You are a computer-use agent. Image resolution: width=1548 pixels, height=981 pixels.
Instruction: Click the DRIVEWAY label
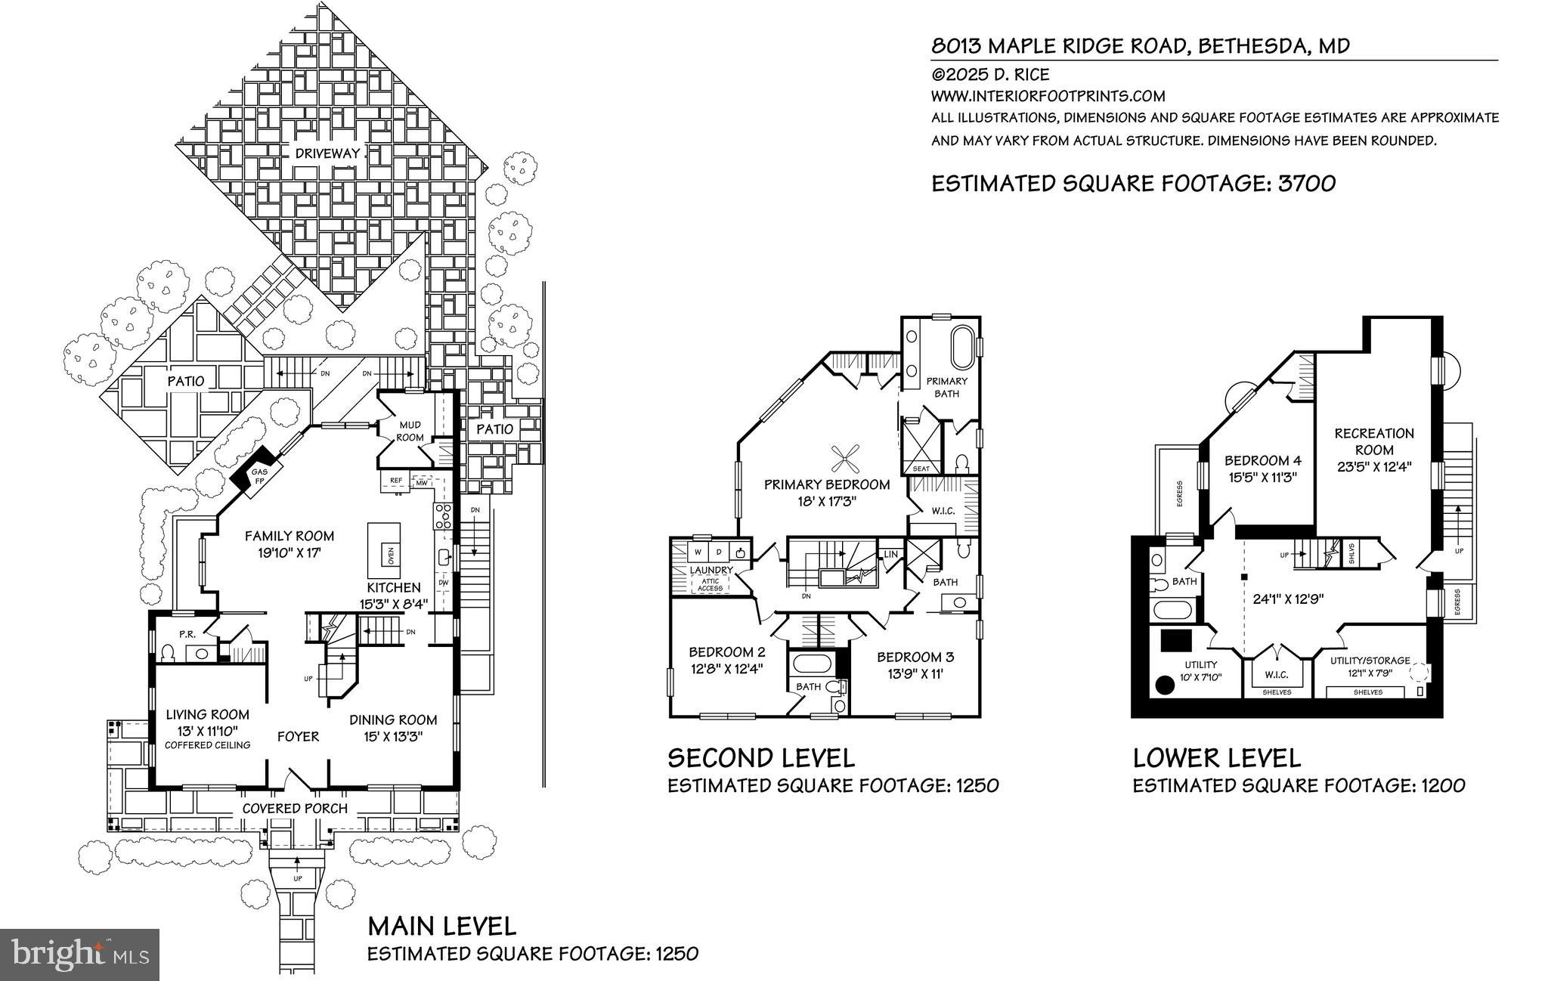click(327, 153)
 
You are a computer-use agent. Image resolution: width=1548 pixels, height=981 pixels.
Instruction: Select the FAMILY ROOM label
click(289, 536)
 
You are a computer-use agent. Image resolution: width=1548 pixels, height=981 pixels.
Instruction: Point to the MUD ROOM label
click(410, 432)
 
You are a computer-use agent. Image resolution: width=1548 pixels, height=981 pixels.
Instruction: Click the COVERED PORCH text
click(295, 809)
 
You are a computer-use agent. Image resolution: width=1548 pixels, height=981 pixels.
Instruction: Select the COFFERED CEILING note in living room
click(208, 745)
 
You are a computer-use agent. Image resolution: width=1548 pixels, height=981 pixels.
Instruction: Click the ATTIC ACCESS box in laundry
click(710, 583)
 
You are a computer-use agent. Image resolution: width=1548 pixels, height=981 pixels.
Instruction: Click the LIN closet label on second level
click(890, 555)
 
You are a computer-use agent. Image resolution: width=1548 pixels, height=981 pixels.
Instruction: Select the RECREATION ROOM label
click(1373, 441)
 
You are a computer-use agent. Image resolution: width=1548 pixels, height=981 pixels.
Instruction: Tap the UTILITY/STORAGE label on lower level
click(1370, 661)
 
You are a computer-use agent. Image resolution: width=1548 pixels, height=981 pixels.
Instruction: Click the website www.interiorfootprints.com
click(1048, 96)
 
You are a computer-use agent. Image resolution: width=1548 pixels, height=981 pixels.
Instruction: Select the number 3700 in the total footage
click(1306, 184)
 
